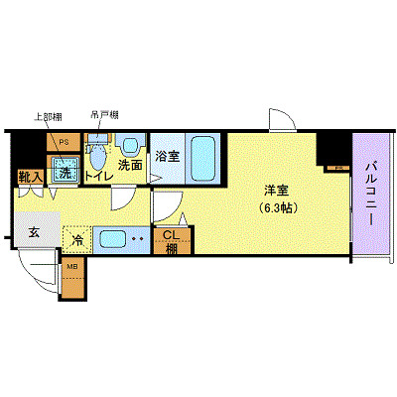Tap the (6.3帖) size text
pyautogui.click(x=277, y=208)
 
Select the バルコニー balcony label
pyautogui.click(x=369, y=195)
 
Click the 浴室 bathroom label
pyautogui.click(x=168, y=156)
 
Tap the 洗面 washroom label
pyautogui.click(x=131, y=166)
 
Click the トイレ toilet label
pyautogui.click(x=98, y=176)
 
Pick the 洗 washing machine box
pyautogui.click(x=64, y=172)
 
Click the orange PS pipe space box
pyautogui.click(x=64, y=142)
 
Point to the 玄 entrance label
pyautogui.click(x=33, y=233)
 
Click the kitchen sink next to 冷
pyautogui.click(x=113, y=239)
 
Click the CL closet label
pyautogui.click(x=170, y=236)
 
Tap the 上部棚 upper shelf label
pyautogui.click(x=50, y=115)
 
